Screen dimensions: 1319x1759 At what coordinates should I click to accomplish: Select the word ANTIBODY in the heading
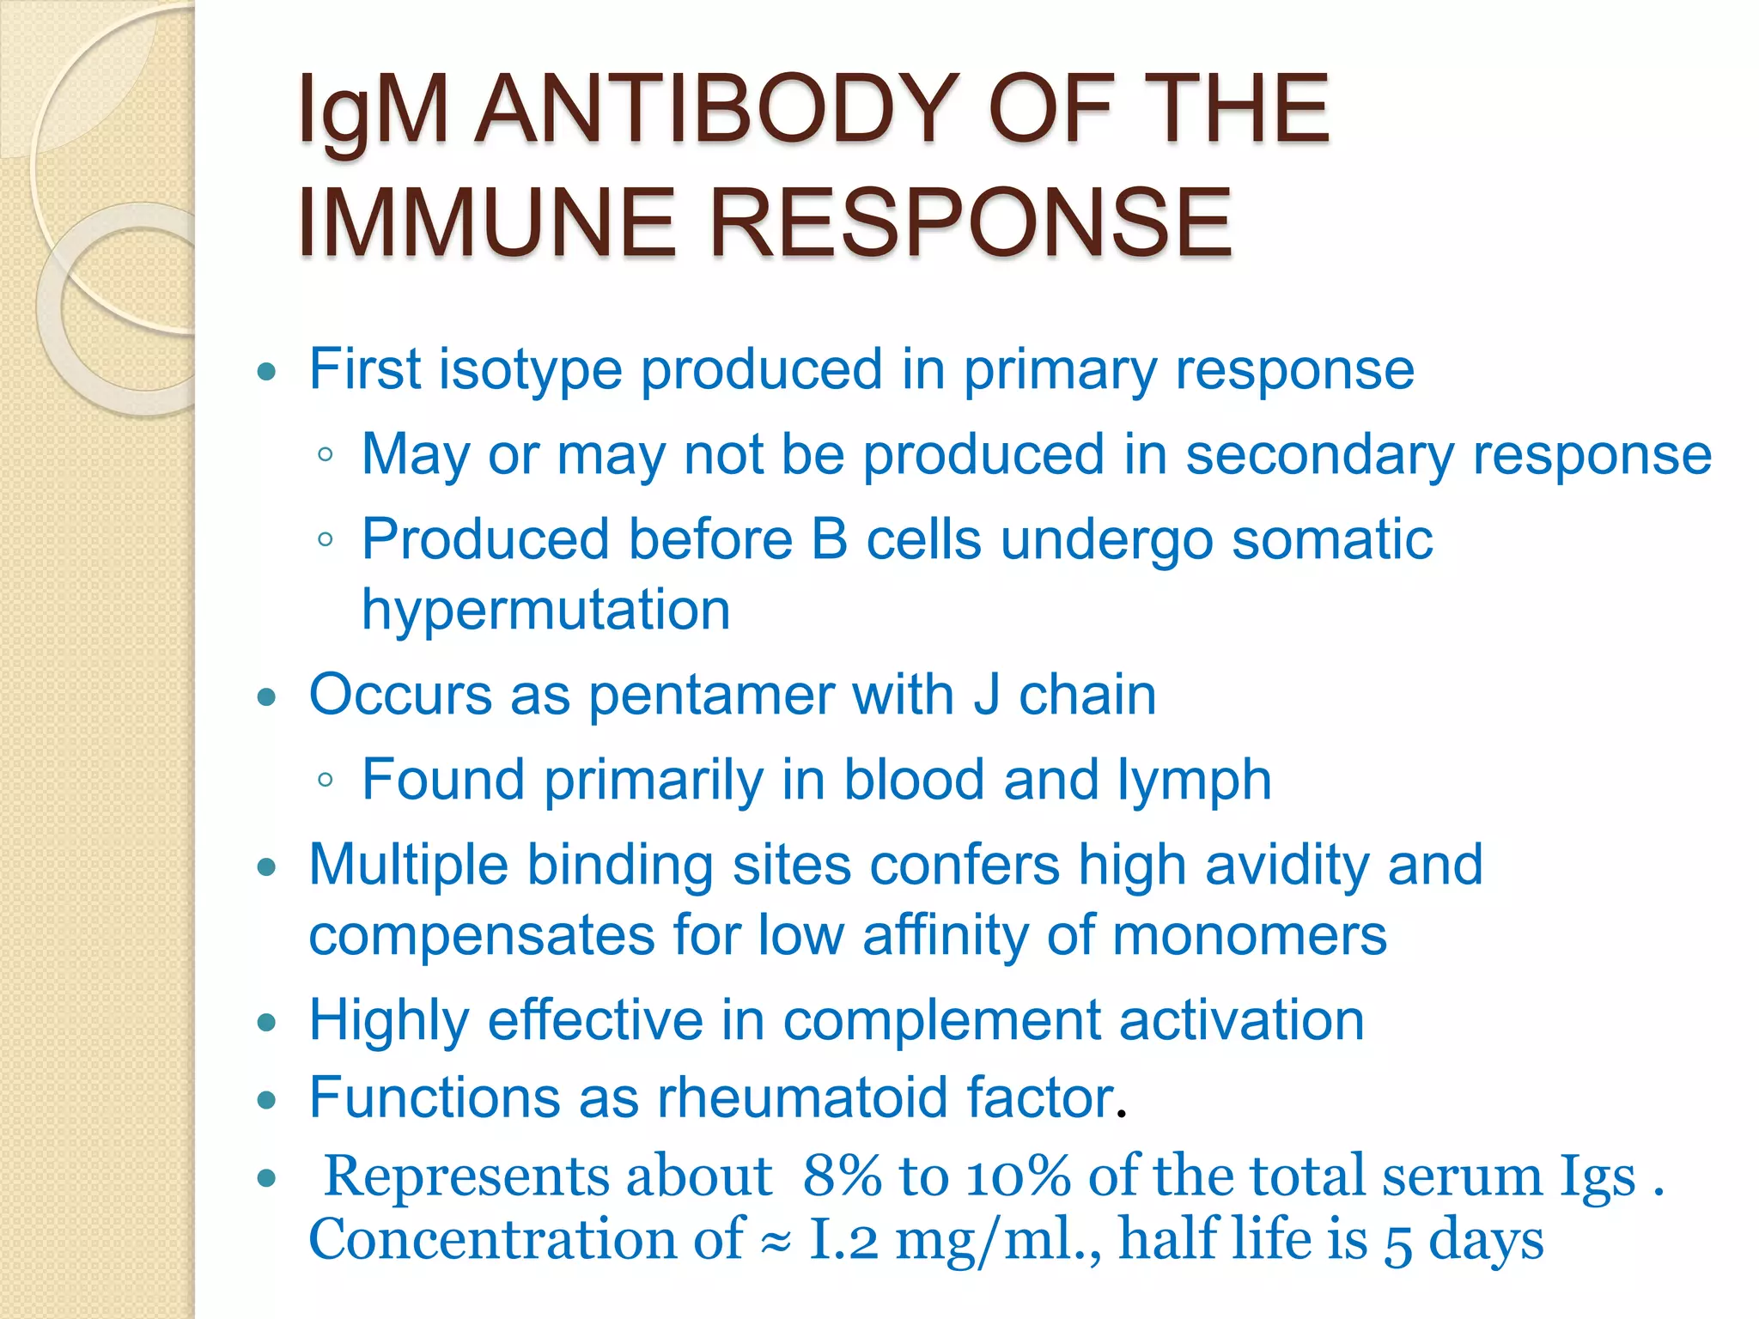[x=716, y=109]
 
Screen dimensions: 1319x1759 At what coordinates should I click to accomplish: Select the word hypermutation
[x=546, y=611]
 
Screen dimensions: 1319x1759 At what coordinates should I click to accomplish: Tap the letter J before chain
[x=987, y=695]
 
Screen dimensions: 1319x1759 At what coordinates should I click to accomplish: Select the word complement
[x=941, y=1021]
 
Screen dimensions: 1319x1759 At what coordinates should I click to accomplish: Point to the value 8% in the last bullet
[x=843, y=1176]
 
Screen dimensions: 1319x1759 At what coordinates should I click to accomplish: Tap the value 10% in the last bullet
[x=1019, y=1176]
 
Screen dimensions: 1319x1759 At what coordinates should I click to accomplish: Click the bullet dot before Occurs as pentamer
[x=267, y=696]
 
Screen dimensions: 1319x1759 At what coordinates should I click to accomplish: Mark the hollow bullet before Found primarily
[x=325, y=781]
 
